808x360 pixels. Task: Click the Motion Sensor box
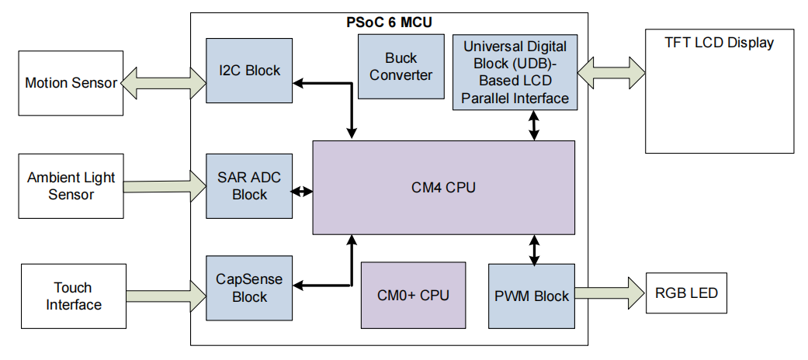[x=71, y=83]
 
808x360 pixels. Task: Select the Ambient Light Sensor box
[x=71, y=186]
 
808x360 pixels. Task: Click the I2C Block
[x=249, y=71]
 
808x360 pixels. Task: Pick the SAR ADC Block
[x=249, y=186]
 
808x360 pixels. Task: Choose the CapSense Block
[x=249, y=288]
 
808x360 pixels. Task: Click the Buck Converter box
[x=401, y=67]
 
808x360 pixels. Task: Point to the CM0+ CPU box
[x=413, y=295]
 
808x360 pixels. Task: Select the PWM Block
[x=532, y=296]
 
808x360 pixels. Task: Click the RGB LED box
[x=686, y=293]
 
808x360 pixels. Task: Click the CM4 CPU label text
[x=443, y=187]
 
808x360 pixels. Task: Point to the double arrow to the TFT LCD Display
[x=612, y=71]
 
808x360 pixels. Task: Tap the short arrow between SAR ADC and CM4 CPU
[x=302, y=191]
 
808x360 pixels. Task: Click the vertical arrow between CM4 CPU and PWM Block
[x=534, y=249]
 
